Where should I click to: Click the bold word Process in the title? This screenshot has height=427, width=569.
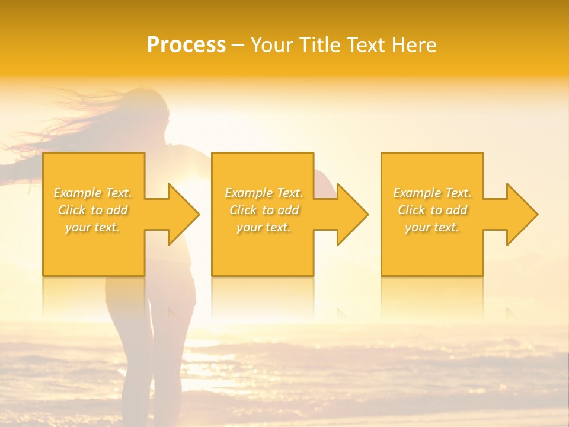186,45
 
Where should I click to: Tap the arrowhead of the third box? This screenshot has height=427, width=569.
521,214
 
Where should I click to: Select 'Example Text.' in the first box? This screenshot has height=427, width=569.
93,193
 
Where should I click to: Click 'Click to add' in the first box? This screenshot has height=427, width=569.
93,210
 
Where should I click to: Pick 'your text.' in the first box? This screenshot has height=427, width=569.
93,227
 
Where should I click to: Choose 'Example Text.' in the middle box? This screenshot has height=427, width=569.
263,193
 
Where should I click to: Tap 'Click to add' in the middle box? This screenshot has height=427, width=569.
263,210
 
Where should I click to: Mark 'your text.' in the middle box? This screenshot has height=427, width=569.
263,227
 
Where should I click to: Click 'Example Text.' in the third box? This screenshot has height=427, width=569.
432,193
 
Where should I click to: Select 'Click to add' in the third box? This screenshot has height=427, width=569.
432,210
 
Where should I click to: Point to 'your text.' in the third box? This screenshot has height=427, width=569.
432,227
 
